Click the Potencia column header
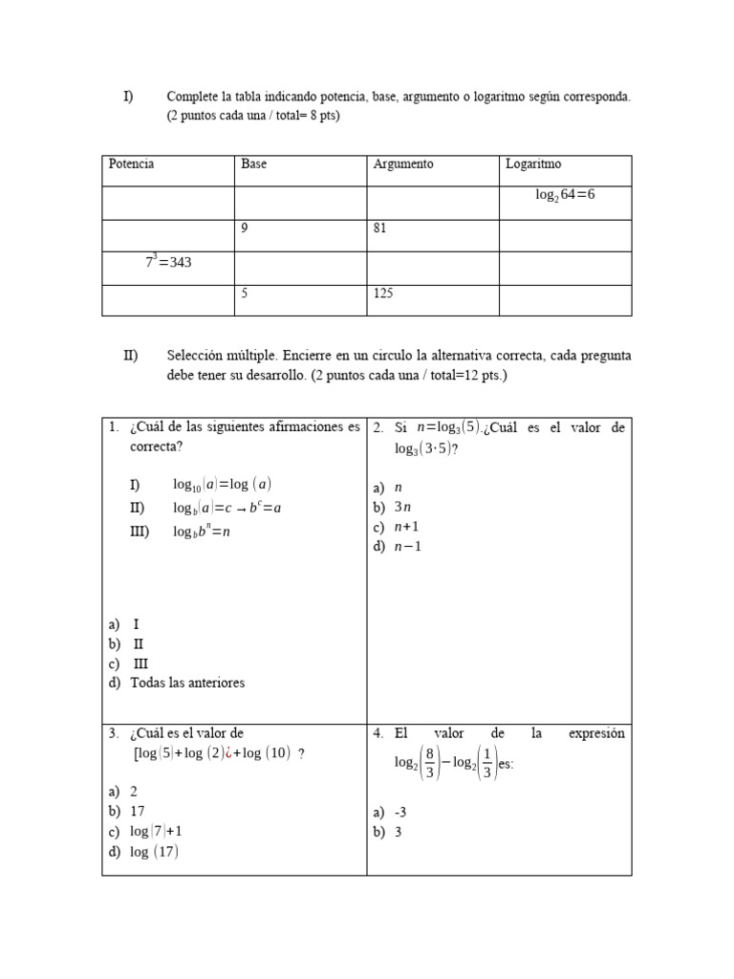pyautogui.click(x=132, y=164)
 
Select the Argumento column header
pyautogui.click(x=402, y=164)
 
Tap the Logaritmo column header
pyautogui.click(x=533, y=164)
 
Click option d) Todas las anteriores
pyautogui.click(x=186, y=683)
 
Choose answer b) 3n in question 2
pyautogui.click(x=398, y=507)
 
